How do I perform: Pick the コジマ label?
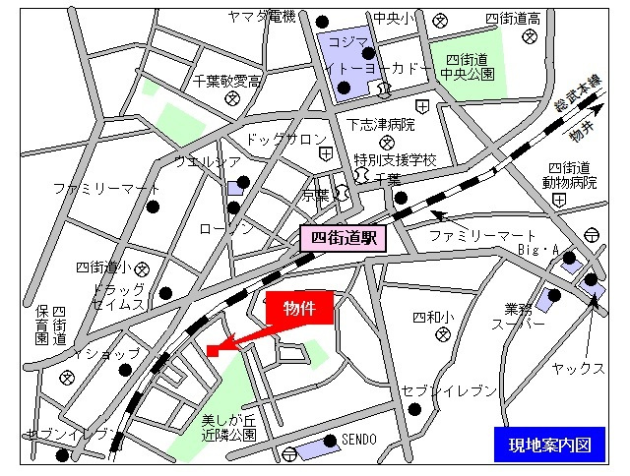(348, 41)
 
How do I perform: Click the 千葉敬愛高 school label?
(227, 82)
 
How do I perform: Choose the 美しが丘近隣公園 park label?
(229, 426)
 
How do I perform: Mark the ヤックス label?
(578, 369)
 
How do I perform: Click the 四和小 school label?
(433, 317)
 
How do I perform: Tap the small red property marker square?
(212, 351)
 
